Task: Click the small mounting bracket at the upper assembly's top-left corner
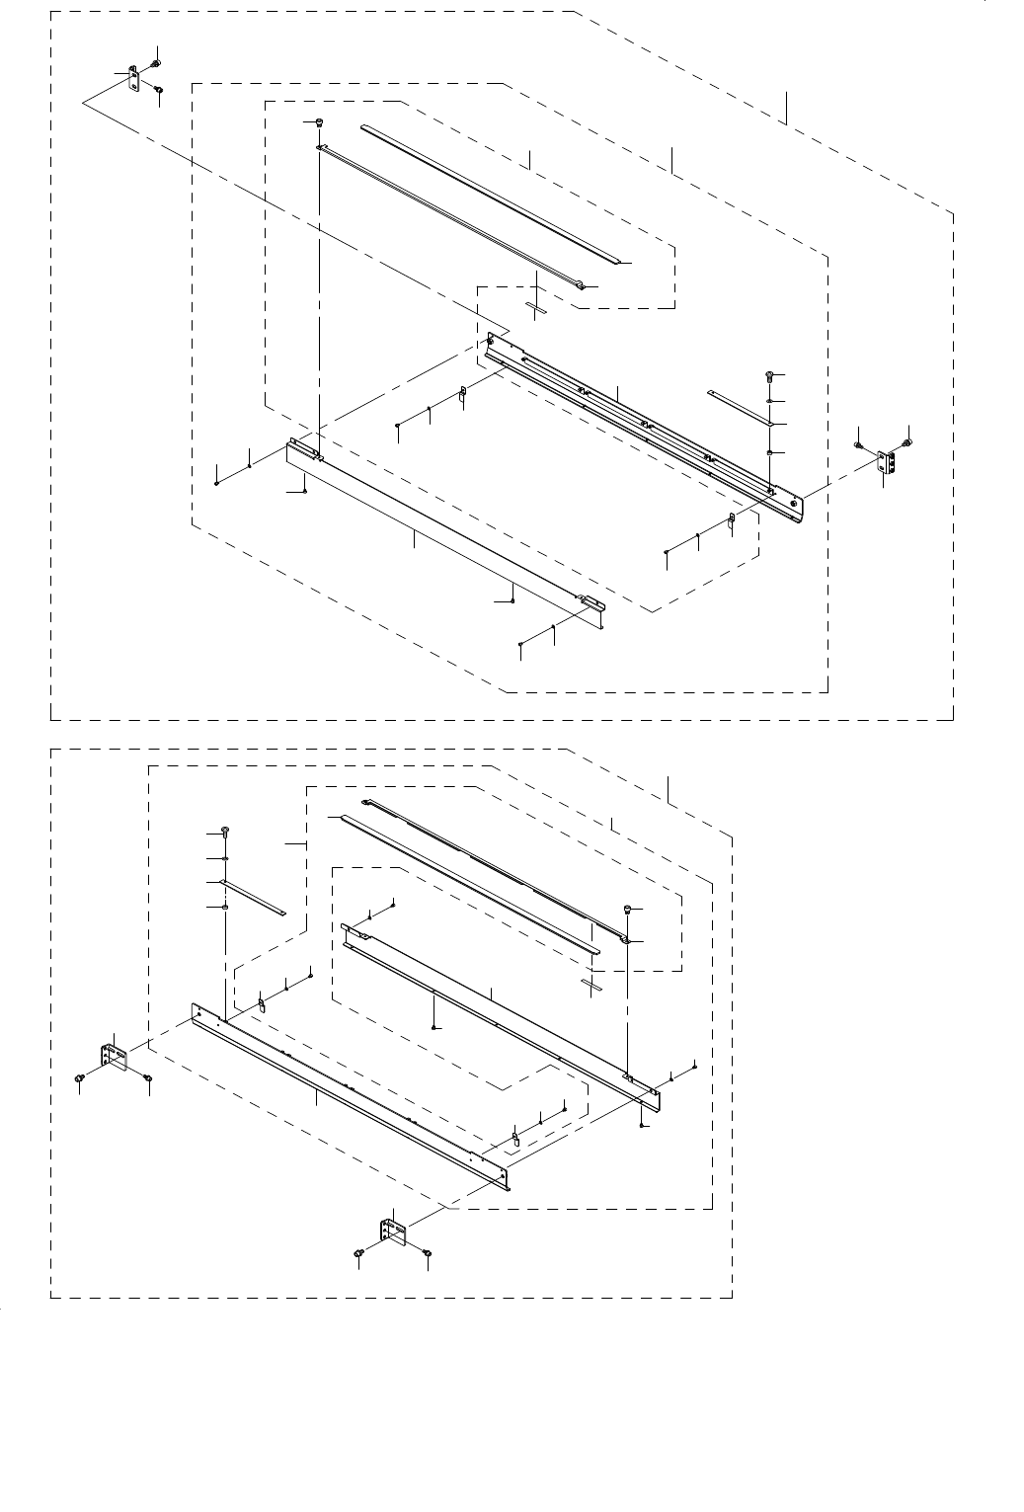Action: coord(133,80)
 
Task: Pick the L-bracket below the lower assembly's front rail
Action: coord(392,1233)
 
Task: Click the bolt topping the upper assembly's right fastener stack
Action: coord(769,376)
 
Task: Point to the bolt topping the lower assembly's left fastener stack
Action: coord(226,830)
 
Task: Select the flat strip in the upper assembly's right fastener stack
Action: coord(739,408)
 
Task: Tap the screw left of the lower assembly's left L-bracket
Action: coord(78,1080)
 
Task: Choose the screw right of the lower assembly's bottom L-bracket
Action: coord(427,1253)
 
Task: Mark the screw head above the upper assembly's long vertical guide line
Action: coord(320,122)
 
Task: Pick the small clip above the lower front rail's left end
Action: coord(263,1004)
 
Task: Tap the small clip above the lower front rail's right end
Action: coord(514,1135)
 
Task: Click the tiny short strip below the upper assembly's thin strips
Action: coord(536,308)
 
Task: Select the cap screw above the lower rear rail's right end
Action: coord(626,909)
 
